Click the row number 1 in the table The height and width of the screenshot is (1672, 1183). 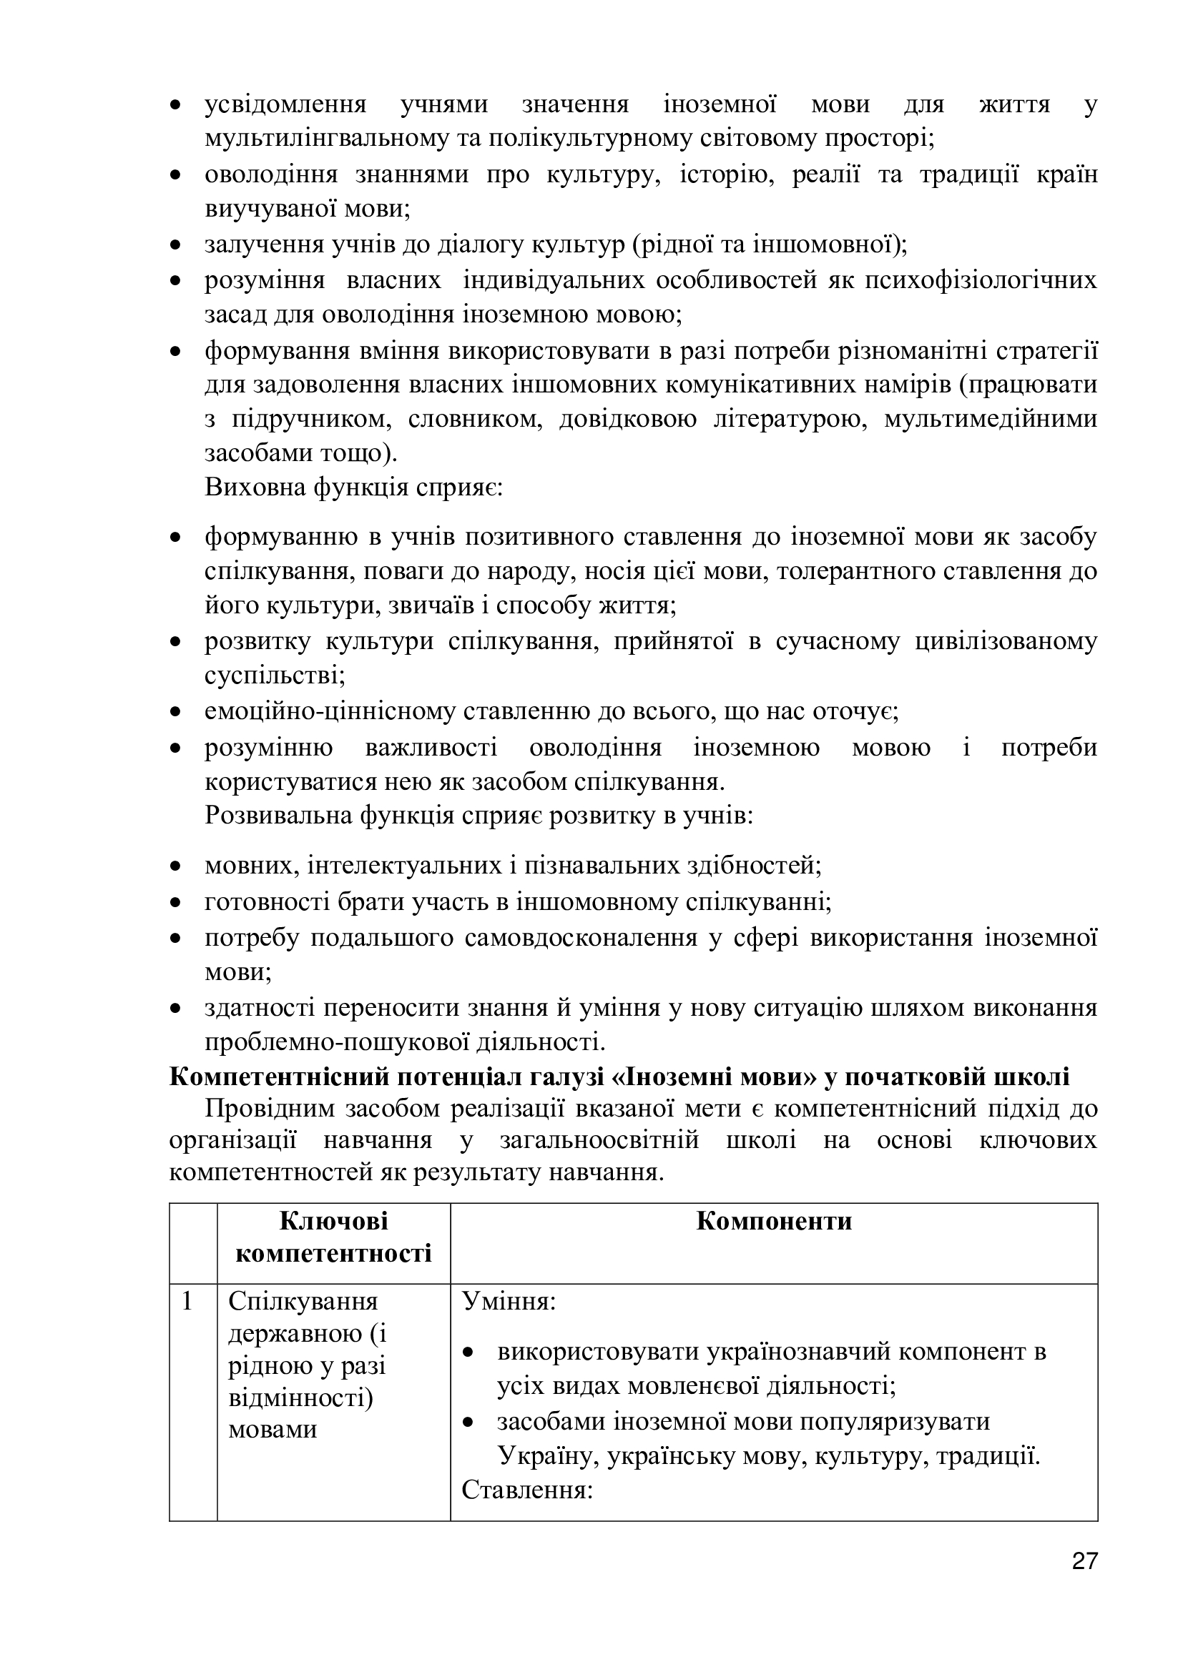(x=187, y=1301)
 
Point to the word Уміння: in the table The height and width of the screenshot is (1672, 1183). (x=509, y=1301)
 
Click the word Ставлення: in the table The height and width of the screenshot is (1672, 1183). (x=527, y=1489)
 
